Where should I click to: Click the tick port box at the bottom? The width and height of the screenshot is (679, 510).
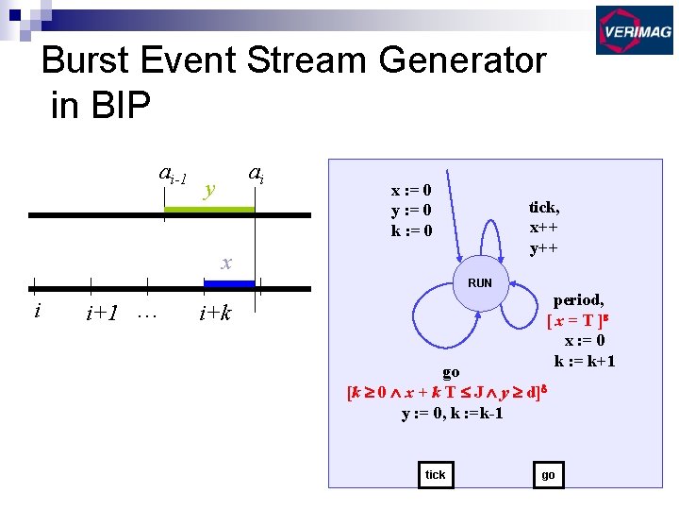[436, 474]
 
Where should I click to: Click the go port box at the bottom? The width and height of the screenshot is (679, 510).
[548, 474]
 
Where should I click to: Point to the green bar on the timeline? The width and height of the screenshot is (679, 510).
[209, 209]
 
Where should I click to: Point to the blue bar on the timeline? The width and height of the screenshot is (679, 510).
[229, 282]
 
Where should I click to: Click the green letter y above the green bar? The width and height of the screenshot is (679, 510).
[210, 189]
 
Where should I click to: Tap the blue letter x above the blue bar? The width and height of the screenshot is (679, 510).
[226, 263]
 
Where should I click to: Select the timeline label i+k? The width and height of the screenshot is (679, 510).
[215, 314]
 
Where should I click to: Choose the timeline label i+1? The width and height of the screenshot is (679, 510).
[101, 314]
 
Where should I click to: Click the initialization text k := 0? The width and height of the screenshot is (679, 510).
[412, 230]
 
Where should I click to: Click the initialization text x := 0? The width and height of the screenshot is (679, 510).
[412, 190]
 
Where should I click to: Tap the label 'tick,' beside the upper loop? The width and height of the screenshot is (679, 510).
[544, 208]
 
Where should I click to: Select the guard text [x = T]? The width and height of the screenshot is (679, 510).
[577, 321]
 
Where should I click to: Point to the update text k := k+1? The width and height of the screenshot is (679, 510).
[585, 361]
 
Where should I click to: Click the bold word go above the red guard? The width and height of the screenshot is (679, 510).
[452, 373]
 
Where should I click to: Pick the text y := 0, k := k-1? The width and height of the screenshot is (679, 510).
[452, 413]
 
